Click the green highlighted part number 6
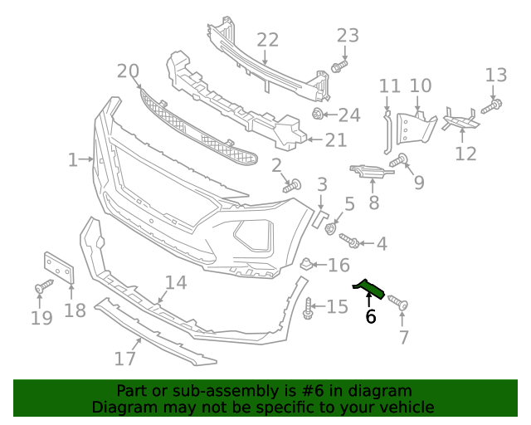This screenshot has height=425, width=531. pos(370,287)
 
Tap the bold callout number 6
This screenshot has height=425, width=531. pos(370,316)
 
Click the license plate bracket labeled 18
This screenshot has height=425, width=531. pos(59,269)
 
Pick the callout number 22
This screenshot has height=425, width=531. pos(267,40)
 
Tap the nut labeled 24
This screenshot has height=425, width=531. pos(318,114)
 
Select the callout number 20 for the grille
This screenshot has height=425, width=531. pos(128,71)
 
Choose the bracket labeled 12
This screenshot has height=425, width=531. pos(460,121)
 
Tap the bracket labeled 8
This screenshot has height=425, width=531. pos(369,172)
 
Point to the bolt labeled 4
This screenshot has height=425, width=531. pos(349,241)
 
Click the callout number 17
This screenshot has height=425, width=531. pos(125,359)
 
